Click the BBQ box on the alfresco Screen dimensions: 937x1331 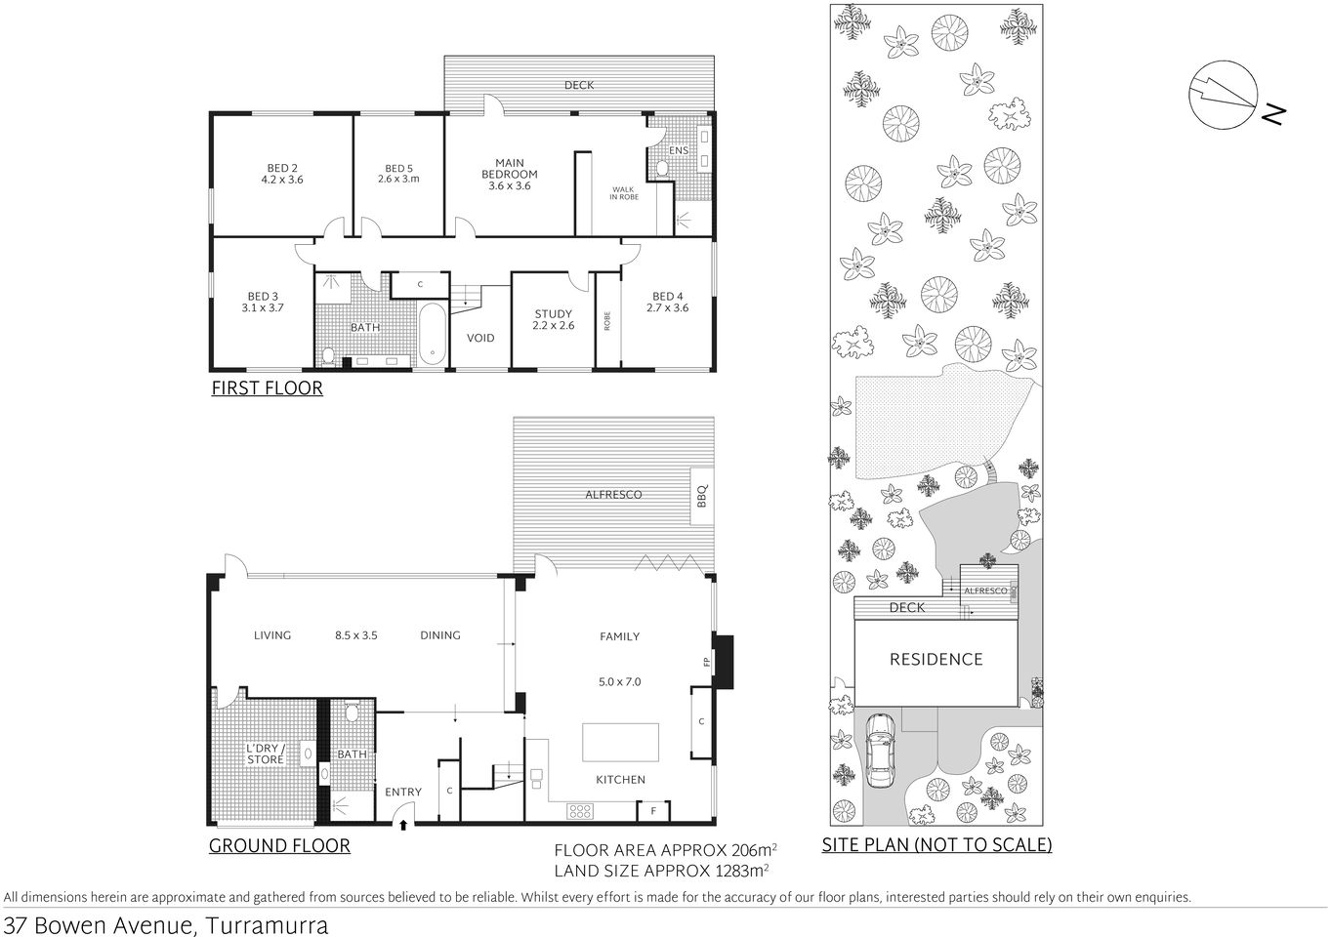(x=700, y=495)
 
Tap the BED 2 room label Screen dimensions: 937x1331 (x=282, y=174)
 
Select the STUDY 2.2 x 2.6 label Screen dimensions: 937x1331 (x=553, y=320)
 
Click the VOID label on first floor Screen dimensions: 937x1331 (x=480, y=338)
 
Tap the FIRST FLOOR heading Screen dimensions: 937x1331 (x=267, y=388)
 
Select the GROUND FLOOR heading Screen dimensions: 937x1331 (x=279, y=846)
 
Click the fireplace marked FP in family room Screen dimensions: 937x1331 (x=722, y=662)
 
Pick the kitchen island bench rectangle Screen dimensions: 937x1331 (x=621, y=742)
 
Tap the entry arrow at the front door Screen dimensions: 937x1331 (x=404, y=826)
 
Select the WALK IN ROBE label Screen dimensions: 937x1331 (x=625, y=193)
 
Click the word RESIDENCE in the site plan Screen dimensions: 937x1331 (x=936, y=660)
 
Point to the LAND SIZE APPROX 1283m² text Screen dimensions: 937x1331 (x=661, y=869)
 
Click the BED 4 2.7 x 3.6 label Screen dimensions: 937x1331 (x=667, y=302)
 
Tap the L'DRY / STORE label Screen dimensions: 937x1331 (x=265, y=754)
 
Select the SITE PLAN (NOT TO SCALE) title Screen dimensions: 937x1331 (x=936, y=845)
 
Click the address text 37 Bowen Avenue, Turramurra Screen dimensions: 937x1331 (x=166, y=924)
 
